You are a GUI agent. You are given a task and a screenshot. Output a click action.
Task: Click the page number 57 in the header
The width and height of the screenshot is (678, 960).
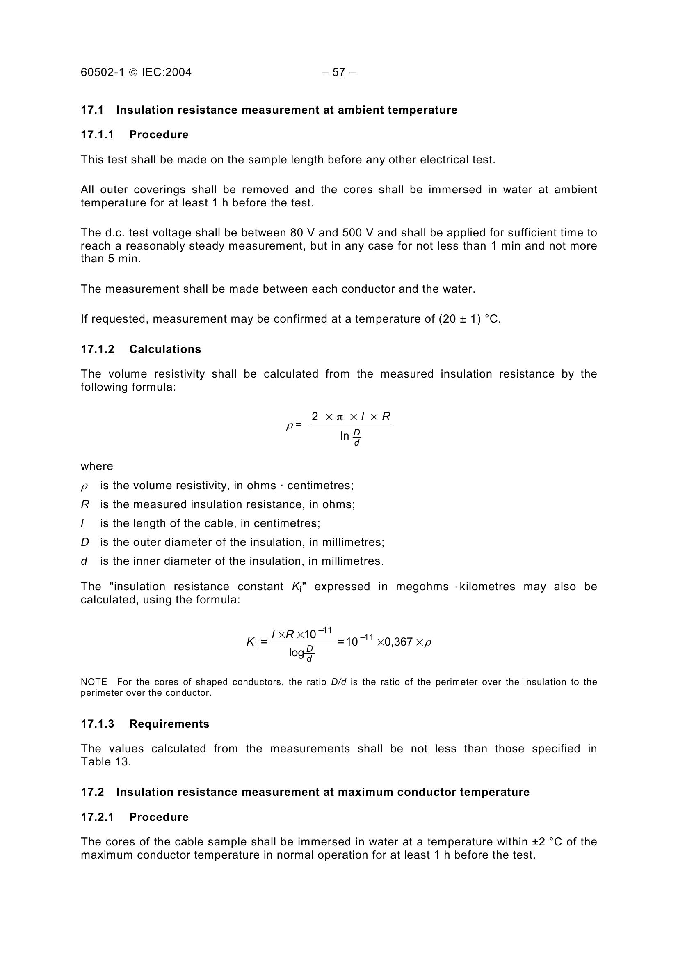[339, 72]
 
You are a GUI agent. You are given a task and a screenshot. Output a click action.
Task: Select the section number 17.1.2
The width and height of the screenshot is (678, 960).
[97, 349]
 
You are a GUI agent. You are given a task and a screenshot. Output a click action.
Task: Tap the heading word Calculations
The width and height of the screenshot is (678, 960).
[165, 349]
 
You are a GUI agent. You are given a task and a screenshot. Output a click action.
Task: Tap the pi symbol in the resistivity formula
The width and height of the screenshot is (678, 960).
[340, 417]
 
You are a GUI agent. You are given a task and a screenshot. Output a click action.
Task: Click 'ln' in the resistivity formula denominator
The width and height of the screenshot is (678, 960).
[344, 436]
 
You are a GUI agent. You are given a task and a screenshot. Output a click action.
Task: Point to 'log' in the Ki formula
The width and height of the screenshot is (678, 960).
[296, 652]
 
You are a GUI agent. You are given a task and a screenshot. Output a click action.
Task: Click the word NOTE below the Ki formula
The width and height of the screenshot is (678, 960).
[94, 682]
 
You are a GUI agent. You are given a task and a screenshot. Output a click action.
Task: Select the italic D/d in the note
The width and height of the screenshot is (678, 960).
[338, 682]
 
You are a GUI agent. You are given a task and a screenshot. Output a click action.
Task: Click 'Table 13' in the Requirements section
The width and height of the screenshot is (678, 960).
[106, 762]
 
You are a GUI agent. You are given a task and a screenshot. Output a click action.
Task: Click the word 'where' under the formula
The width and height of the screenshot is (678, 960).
[97, 466]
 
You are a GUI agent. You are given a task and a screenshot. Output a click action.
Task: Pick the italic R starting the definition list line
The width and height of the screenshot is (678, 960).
[85, 505]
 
